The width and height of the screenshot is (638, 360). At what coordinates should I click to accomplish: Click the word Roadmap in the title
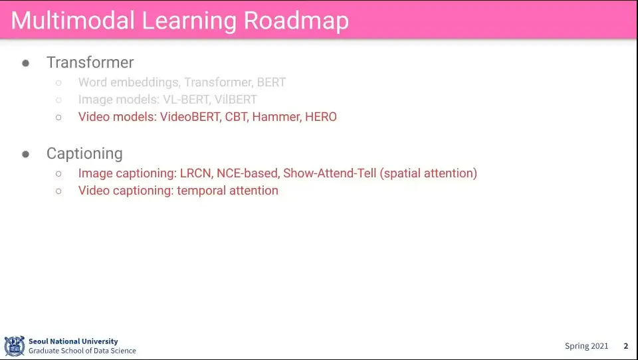(296, 21)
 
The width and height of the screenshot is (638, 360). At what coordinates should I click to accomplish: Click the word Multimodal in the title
(72, 20)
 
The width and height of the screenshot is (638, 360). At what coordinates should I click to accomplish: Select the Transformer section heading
(90, 62)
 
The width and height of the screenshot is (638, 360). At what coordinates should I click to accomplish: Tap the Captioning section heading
(84, 153)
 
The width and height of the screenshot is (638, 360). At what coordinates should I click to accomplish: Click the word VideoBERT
(190, 117)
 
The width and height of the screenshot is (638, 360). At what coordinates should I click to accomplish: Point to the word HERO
(320, 117)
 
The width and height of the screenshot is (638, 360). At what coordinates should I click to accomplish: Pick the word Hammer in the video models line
(276, 117)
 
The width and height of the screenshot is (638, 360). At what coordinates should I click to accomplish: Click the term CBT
(236, 117)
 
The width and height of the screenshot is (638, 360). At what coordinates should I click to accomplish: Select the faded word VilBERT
(235, 99)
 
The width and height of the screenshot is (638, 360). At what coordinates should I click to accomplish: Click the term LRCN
(196, 173)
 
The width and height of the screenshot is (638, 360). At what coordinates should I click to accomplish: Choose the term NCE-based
(247, 173)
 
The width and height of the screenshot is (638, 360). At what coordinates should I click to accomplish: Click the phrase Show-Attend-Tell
(330, 173)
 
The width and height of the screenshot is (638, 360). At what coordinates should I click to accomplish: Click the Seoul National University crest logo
(15, 346)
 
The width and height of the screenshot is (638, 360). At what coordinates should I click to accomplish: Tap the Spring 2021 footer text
(586, 346)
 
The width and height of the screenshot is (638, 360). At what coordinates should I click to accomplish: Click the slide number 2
(626, 346)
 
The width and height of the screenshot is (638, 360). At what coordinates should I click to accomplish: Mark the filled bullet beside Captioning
(26, 154)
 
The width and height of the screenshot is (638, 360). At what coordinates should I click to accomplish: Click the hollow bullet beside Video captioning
(58, 191)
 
